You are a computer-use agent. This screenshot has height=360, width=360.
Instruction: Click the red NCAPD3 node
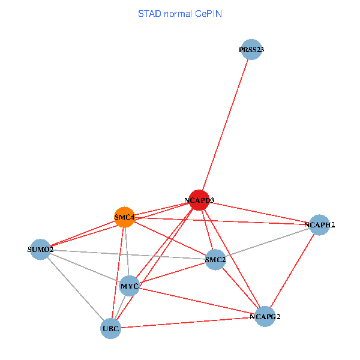pos(199,200)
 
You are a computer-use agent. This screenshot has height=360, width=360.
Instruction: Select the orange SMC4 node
pos(124,217)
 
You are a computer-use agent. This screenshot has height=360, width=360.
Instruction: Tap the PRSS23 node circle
pos(251,50)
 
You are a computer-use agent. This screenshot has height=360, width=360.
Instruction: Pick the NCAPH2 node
pos(319,225)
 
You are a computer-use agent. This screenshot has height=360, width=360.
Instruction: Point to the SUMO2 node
pos(41,249)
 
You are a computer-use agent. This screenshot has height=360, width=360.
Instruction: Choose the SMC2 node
pos(215,259)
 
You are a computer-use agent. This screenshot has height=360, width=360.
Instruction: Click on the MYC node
pos(130,286)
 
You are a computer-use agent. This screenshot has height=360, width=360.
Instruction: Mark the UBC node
pos(111,328)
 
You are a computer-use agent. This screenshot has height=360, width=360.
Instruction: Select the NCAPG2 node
pos(265,316)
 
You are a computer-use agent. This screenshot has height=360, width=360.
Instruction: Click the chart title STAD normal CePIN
pos(180,13)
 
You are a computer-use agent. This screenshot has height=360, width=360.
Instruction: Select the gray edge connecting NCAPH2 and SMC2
pos(267,242)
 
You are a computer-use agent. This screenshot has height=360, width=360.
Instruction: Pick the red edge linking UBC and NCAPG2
pos(188,322)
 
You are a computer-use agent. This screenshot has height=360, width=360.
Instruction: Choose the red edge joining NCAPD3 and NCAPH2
pos(259,212)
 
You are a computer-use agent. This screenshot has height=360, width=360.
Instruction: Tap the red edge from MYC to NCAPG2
pos(197,301)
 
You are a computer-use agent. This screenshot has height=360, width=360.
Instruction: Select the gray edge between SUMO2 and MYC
pos(85,267)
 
